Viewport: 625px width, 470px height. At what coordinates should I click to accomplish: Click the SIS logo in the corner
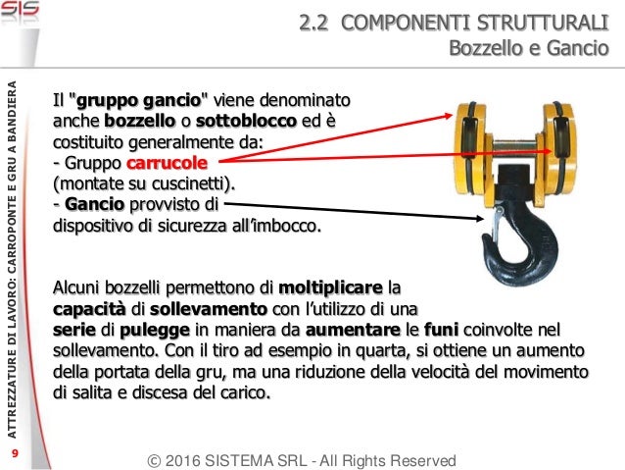tap(20, 9)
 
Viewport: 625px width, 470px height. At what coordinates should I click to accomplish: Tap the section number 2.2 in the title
tap(313, 23)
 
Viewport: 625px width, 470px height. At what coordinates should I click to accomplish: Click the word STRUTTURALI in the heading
tap(543, 23)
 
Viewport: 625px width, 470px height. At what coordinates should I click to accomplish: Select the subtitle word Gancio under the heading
tap(578, 48)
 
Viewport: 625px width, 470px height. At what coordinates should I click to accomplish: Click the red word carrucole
tap(167, 163)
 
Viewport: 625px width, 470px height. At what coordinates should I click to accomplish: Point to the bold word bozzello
tap(139, 121)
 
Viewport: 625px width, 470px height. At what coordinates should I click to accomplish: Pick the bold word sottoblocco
tap(246, 121)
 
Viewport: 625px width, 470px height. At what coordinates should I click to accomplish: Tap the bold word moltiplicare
tap(330, 287)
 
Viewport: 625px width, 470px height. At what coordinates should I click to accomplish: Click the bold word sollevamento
tap(209, 309)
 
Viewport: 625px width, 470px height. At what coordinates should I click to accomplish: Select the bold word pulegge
tap(155, 331)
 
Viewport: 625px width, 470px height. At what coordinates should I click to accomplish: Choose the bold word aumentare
tap(353, 331)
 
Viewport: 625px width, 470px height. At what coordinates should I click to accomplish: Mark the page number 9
tap(15, 453)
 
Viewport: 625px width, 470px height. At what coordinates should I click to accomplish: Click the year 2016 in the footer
tap(182, 461)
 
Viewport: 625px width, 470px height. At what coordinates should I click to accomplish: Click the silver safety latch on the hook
tap(497, 223)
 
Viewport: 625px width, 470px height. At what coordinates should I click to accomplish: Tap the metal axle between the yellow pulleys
tap(514, 145)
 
